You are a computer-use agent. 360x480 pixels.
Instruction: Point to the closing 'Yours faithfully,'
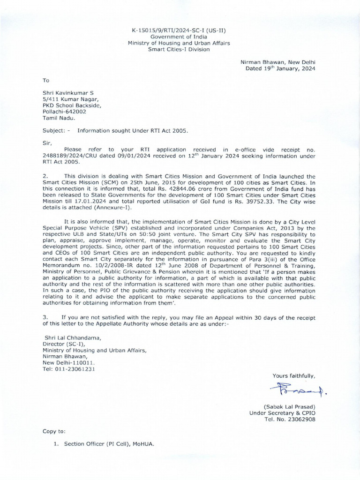click(293, 376)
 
